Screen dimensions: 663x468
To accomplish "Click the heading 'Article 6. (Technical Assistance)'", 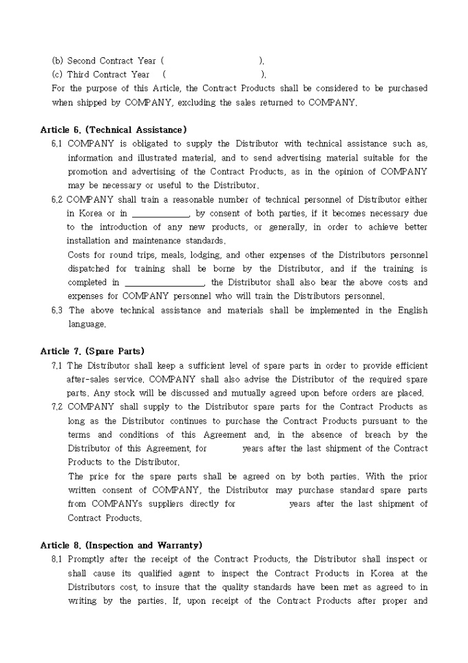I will [114, 130].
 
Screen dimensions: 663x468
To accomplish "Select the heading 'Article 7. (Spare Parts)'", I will [92, 351].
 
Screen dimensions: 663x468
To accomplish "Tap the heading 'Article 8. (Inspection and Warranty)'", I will [121, 545].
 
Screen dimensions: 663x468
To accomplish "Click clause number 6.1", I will [57, 144].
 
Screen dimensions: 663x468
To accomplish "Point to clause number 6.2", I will [57, 200].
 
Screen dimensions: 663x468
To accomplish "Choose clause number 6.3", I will [57, 311].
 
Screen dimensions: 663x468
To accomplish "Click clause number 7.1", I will [57, 366].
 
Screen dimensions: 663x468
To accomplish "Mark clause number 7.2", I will [57, 407].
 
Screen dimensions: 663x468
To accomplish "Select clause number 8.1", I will [57, 559].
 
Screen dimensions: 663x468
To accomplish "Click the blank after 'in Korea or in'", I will [160, 214].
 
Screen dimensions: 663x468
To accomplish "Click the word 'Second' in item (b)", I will [81, 61].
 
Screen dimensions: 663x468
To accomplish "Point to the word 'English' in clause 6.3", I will [412, 311].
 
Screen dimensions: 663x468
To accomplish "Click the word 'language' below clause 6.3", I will [86, 324].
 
